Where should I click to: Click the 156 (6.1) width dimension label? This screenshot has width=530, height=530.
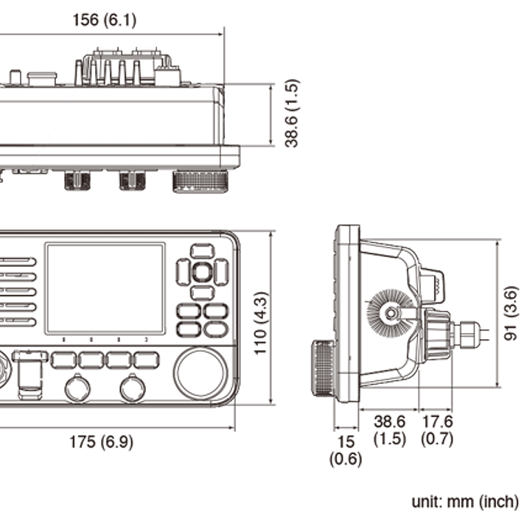point(105,20)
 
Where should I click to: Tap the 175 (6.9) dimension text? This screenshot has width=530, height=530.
point(102,442)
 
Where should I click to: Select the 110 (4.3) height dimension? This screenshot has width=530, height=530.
point(261,324)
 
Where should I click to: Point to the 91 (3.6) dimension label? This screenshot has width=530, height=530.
point(510,313)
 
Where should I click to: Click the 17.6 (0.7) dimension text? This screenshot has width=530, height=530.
point(437,430)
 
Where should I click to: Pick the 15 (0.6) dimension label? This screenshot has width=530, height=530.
point(346,450)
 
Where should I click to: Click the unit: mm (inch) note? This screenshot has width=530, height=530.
point(465,501)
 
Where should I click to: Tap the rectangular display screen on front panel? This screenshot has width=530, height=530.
point(105,288)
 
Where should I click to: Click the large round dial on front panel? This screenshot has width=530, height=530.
point(201,373)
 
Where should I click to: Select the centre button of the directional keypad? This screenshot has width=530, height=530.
point(202,272)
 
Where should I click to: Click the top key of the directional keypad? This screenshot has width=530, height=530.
point(202,252)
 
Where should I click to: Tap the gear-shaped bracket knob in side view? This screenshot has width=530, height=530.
point(391,313)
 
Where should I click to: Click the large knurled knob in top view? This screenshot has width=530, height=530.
point(201,182)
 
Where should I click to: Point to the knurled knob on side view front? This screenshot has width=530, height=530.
point(324,368)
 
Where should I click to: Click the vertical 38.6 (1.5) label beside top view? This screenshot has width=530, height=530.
point(292,114)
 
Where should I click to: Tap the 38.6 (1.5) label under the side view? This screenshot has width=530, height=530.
point(390,430)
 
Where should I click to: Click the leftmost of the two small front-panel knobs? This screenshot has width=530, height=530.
point(77,388)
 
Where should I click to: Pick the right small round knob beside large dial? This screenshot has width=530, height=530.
point(133,388)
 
